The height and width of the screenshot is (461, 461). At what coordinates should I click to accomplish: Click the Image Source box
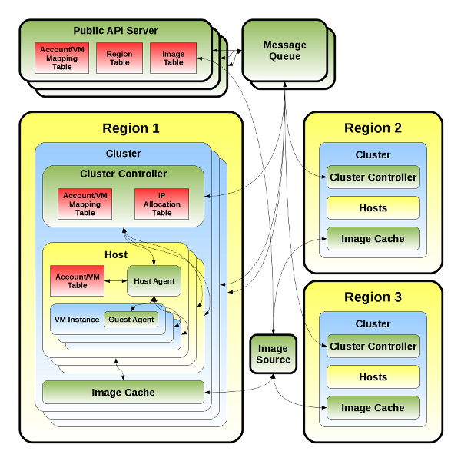pyautogui.click(x=274, y=354)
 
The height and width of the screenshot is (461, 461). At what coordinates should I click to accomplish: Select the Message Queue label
pyautogui.click(x=284, y=51)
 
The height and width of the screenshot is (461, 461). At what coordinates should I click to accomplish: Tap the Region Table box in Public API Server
pyautogui.click(x=119, y=58)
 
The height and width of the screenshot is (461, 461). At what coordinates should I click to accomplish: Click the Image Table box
pyautogui.click(x=174, y=58)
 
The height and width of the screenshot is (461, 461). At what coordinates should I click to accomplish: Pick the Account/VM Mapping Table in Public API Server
pyautogui.click(x=62, y=58)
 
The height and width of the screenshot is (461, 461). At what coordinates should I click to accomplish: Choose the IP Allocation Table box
pyautogui.click(x=161, y=204)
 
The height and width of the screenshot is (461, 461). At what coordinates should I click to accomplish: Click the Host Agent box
pyautogui.click(x=154, y=281)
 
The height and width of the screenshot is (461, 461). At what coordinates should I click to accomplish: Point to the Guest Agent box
pyautogui.click(x=131, y=320)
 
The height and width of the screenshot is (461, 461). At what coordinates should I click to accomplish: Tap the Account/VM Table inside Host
pyautogui.click(x=77, y=281)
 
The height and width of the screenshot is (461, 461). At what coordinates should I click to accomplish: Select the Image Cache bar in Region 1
pyautogui.click(x=123, y=393)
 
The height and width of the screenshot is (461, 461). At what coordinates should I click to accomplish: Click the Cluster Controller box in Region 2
pyautogui.click(x=373, y=177)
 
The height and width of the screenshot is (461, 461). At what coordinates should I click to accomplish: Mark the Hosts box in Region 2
pyautogui.click(x=373, y=208)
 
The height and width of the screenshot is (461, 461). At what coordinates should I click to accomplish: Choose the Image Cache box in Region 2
pyautogui.click(x=373, y=239)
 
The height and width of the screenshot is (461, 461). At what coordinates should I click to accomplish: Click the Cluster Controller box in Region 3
pyautogui.click(x=373, y=347)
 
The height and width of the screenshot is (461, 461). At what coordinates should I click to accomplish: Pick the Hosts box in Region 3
pyautogui.click(x=373, y=377)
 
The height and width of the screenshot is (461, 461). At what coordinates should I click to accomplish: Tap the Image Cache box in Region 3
pyautogui.click(x=373, y=408)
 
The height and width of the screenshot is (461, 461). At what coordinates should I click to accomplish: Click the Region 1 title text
pyautogui.click(x=131, y=128)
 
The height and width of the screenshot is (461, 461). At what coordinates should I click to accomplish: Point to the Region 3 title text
pyautogui.click(x=373, y=297)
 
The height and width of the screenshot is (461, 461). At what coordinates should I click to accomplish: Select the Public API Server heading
pyautogui.click(x=115, y=31)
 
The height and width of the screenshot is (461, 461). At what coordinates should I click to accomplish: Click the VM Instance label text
pyautogui.click(x=77, y=320)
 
